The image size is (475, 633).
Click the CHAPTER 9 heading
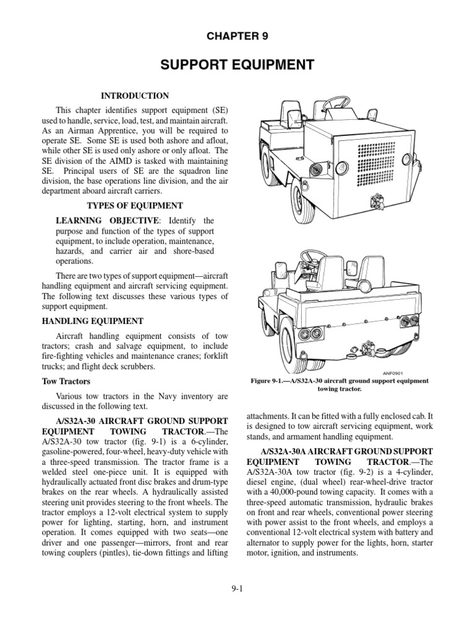tap(237, 37)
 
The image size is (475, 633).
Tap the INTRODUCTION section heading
tap(135, 96)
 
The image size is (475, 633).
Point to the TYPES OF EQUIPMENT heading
tap(134, 205)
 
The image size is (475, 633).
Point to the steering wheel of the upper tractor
tap(339, 102)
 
